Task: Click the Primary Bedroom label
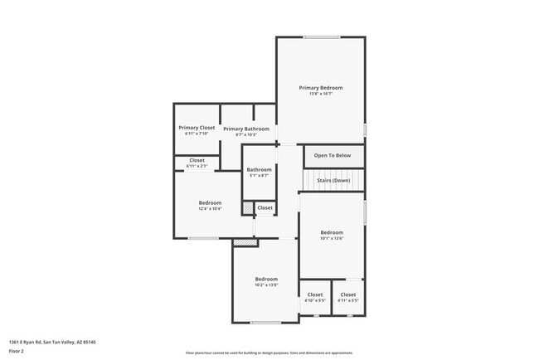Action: [x=321, y=88]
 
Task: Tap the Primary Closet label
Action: [x=197, y=128]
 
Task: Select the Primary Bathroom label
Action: [x=246, y=129]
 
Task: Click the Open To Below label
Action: [x=333, y=155]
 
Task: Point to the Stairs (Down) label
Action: [x=332, y=181]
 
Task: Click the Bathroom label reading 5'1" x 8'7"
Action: [x=260, y=170]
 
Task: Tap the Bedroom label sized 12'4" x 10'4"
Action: [x=210, y=203]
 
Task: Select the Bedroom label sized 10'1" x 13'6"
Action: [x=332, y=232]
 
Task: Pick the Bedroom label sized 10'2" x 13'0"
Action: [x=266, y=280]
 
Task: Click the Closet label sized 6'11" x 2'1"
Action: [x=197, y=160]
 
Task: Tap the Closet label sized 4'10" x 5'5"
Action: [x=315, y=294]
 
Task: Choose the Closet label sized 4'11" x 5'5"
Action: [x=348, y=294]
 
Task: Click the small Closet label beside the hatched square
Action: [x=265, y=207]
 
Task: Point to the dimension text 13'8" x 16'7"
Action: [x=321, y=94]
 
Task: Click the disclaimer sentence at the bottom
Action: [x=269, y=353]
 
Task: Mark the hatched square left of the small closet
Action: [x=247, y=207]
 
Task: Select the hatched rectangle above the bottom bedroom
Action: [x=245, y=242]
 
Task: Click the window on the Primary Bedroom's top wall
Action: [x=321, y=36]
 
